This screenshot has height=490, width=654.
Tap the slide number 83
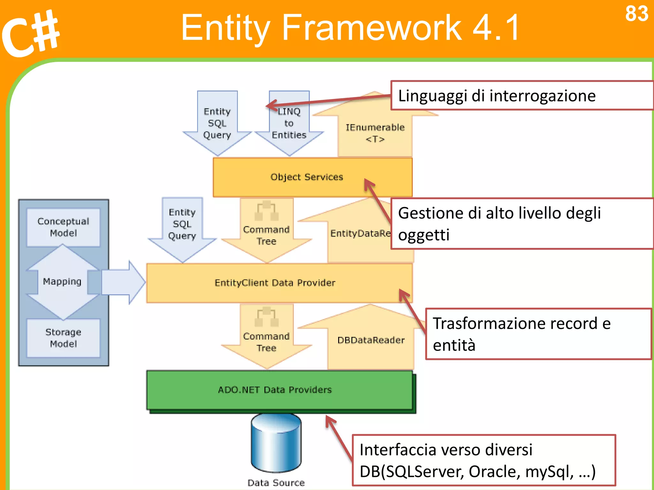pyautogui.click(x=636, y=14)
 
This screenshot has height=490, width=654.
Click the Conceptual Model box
pyautogui.click(x=63, y=227)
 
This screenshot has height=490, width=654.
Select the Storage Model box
pyautogui.click(x=63, y=338)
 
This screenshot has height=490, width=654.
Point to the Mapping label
pyautogui.click(x=62, y=281)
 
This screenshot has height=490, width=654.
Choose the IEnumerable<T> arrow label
pyautogui.click(x=375, y=133)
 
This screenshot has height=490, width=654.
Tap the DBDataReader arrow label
pyautogui.click(x=371, y=340)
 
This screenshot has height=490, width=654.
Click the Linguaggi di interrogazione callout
pyautogui.click(x=497, y=96)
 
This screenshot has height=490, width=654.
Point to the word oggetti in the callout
pyautogui.click(x=424, y=235)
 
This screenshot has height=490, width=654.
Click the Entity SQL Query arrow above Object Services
pyautogui.click(x=217, y=123)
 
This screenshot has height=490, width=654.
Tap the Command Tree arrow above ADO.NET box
pyautogui.click(x=266, y=342)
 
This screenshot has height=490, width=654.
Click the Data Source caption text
pyautogui.click(x=276, y=483)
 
